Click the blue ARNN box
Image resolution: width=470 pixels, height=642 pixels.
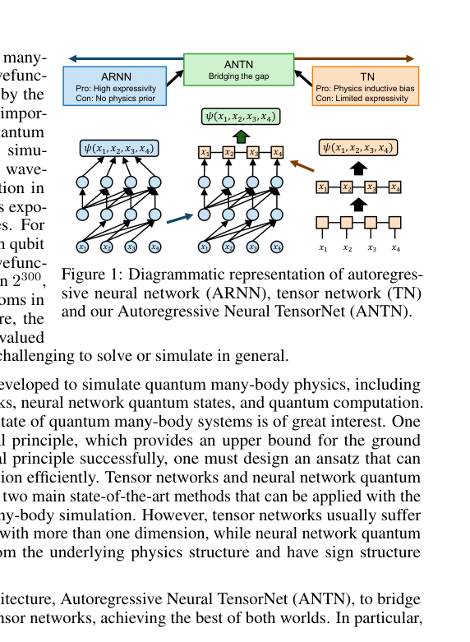click(116, 85)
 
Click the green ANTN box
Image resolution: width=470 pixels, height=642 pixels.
click(238, 70)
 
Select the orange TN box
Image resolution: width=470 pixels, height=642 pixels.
click(366, 85)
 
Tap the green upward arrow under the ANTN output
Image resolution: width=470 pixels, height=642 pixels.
click(241, 136)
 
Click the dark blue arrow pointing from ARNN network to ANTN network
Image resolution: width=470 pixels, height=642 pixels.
click(178, 219)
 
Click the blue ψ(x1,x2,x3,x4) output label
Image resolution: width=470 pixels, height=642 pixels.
click(120, 149)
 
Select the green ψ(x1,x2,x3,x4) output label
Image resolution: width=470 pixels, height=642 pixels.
click(241, 116)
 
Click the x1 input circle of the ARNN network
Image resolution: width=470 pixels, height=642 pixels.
click(82, 246)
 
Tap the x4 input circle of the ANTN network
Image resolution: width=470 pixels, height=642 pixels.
click(277, 246)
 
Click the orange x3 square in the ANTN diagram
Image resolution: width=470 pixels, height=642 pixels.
click(253, 152)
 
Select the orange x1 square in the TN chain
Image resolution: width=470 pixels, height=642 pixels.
click(323, 187)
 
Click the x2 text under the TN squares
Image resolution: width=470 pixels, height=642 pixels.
click(347, 247)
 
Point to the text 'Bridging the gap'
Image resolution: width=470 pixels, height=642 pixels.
click(238, 76)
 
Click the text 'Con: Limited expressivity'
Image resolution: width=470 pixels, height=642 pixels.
click(362, 98)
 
